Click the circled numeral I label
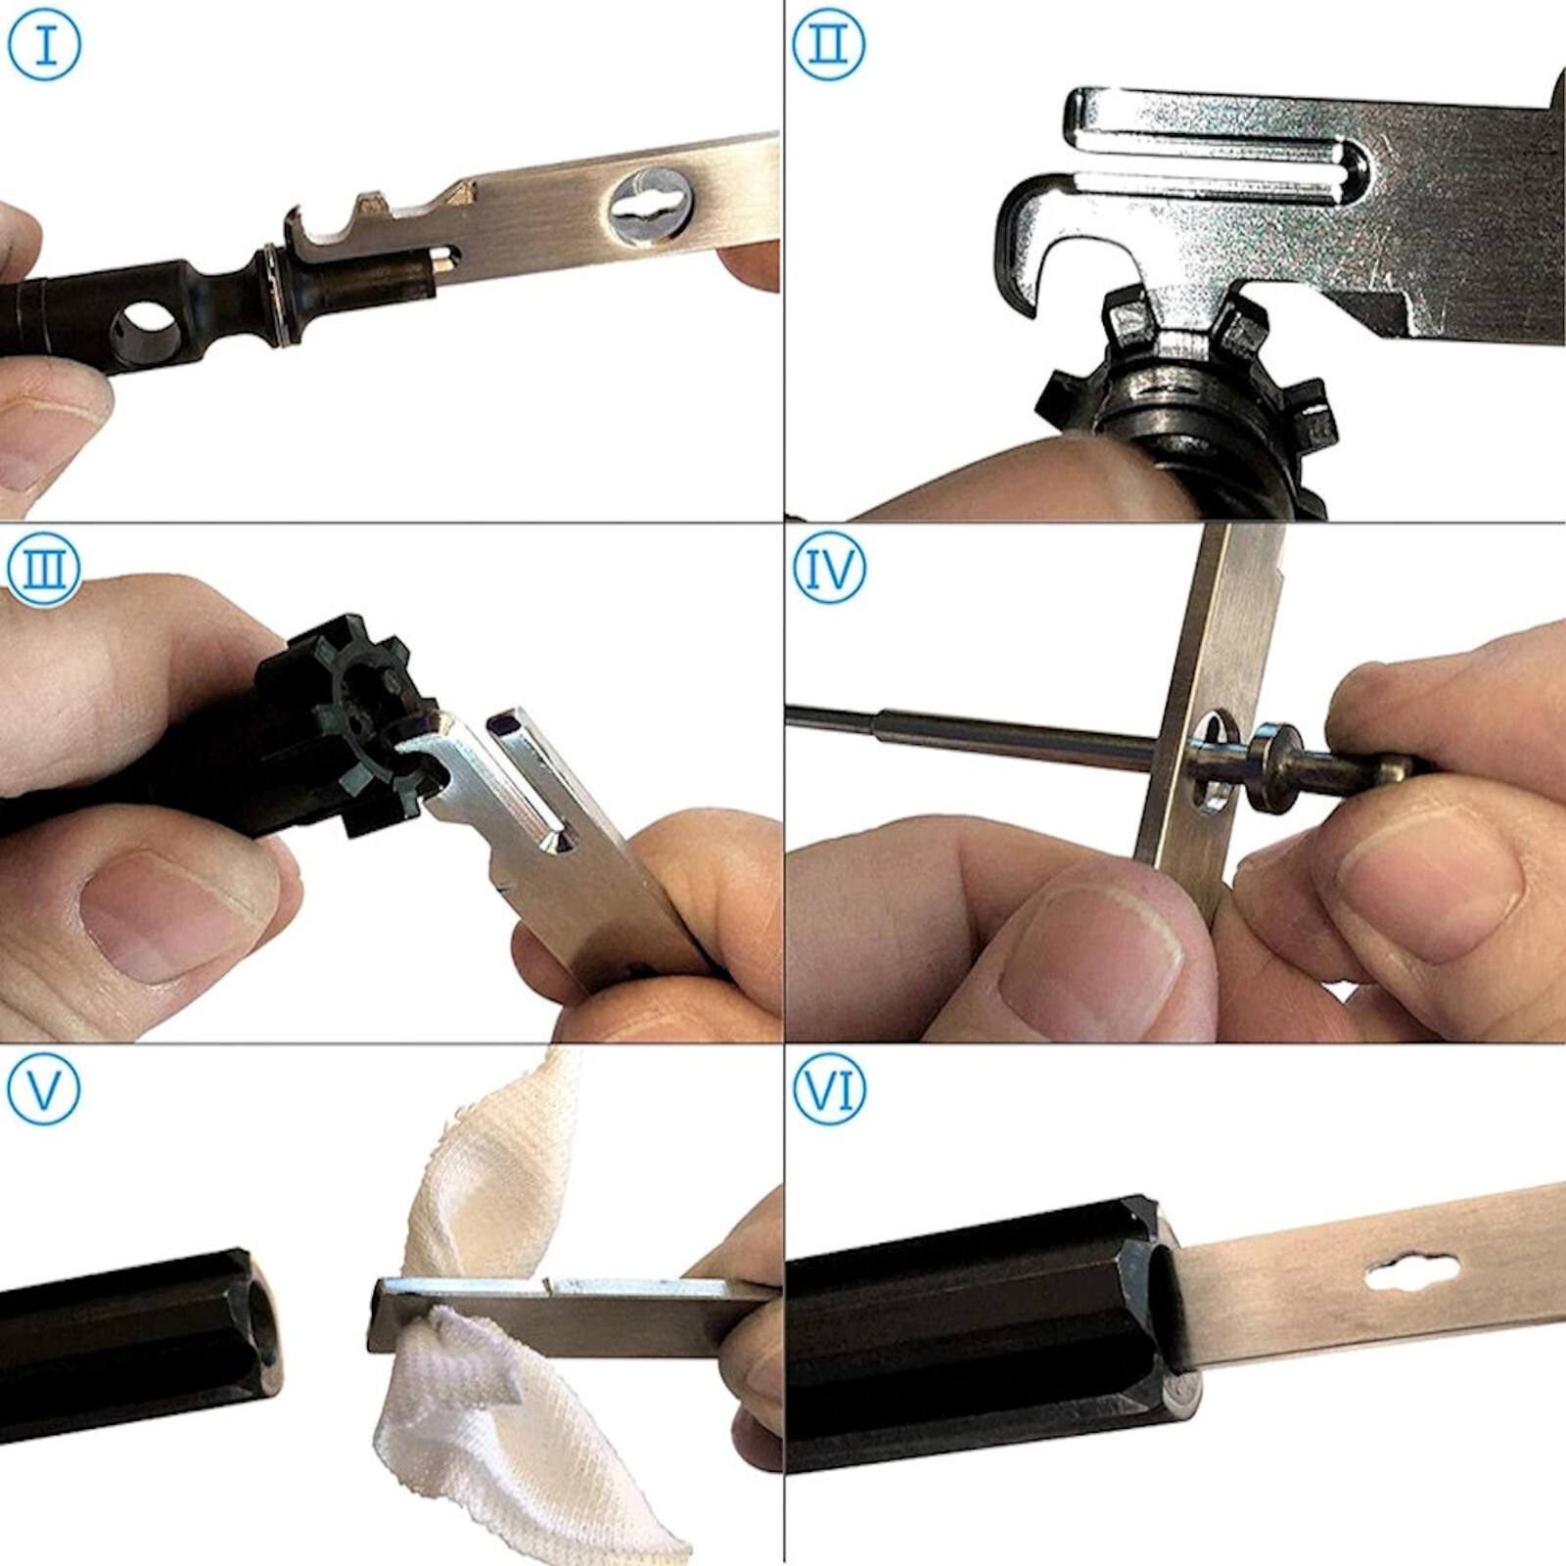(44, 44)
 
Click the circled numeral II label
(828, 44)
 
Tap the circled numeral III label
(44, 568)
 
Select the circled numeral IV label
(829, 568)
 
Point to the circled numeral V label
(44, 1088)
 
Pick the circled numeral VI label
(829, 1088)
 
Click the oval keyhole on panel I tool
(651, 206)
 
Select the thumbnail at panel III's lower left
(157, 915)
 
